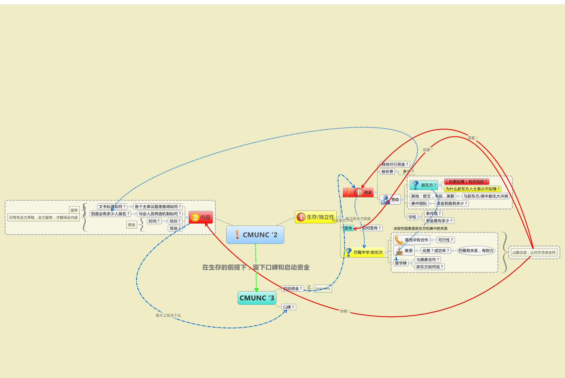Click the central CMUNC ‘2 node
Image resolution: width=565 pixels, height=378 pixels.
point(255,235)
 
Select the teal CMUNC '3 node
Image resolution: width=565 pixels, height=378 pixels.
point(257,298)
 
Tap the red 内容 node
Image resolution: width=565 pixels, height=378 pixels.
point(201,217)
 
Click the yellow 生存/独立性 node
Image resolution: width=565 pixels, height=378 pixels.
point(316,217)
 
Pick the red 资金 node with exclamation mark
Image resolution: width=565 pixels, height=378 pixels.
point(358,192)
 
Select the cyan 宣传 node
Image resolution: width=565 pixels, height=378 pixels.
point(348,228)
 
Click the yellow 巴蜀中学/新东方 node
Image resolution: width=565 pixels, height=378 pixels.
point(364,252)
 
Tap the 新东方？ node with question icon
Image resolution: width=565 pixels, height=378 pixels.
point(424,185)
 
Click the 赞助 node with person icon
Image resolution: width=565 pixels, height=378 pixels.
point(390,200)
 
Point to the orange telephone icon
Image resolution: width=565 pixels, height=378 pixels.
point(399,240)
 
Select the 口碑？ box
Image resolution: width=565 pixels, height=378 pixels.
point(289,307)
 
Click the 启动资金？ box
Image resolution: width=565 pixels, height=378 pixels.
point(292,288)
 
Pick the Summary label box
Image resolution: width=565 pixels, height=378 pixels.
point(322,288)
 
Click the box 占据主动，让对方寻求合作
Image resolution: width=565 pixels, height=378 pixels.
point(534,252)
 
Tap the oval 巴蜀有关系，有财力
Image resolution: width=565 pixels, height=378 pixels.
point(476,251)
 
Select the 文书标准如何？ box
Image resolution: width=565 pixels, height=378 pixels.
point(112,207)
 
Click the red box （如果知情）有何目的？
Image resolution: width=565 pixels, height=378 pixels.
point(466,182)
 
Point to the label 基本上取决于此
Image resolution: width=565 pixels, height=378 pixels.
point(168,315)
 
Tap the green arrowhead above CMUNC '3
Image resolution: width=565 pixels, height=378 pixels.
point(256,290)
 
